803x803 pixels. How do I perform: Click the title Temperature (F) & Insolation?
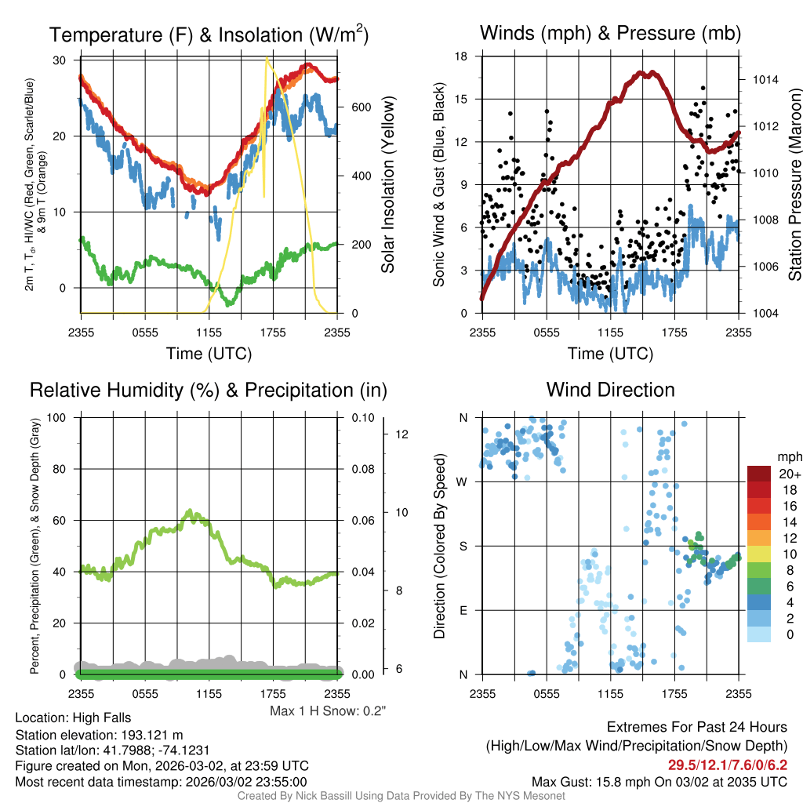click(x=209, y=35)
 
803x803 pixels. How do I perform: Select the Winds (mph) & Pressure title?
click(x=610, y=33)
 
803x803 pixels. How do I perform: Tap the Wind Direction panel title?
click(x=610, y=390)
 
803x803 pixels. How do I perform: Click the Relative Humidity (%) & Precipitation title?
click(x=209, y=390)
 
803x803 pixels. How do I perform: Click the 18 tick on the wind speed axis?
click(x=462, y=56)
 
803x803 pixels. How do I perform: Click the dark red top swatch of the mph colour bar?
click(x=759, y=474)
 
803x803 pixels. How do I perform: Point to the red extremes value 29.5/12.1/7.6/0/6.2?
click(x=727, y=764)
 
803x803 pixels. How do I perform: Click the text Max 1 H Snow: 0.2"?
click(x=328, y=711)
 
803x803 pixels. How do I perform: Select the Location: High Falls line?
click(x=73, y=718)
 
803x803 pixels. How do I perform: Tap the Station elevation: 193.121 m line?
click(x=99, y=735)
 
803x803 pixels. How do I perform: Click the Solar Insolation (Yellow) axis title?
click(x=387, y=185)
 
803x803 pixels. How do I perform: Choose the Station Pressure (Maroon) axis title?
click(x=794, y=185)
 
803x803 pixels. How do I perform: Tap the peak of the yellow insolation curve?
click(x=267, y=58)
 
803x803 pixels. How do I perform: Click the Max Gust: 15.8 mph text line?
click(x=659, y=781)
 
